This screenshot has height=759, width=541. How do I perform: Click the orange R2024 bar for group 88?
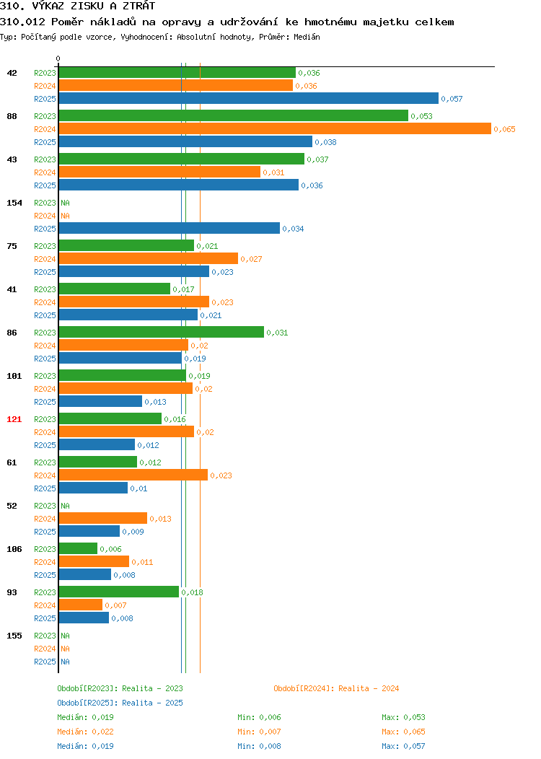(x=275, y=128)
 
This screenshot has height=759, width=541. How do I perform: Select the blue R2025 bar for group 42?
(x=249, y=98)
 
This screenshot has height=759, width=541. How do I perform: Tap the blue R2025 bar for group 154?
(x=170, y=228)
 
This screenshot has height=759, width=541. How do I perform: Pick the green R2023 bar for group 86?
(x=162, y=332)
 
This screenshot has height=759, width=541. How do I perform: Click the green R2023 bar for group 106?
(x=78, y=548)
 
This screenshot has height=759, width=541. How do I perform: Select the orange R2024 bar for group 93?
(x=81, y=605)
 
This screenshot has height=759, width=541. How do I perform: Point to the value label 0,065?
(x=504, y=129)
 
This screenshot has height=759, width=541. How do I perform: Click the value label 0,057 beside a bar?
(x=452, y=99)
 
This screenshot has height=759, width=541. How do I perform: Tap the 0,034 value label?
(x=293, y=229)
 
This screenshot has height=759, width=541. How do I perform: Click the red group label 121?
(x=14, y=419)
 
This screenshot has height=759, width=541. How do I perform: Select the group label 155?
(x=14, y=636)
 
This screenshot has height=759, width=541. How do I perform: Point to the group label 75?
(x=12, y=246)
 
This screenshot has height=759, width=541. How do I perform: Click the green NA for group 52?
(x=66, y=505)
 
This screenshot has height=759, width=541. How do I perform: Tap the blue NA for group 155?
(x=66, y=661)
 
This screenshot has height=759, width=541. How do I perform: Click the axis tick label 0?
(x=58, y=58)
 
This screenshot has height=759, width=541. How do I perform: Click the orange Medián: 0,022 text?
(x=85, y=732)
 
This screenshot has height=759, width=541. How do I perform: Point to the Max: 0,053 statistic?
(x=403, y=717)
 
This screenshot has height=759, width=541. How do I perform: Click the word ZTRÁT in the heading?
(x=138, y=6)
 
